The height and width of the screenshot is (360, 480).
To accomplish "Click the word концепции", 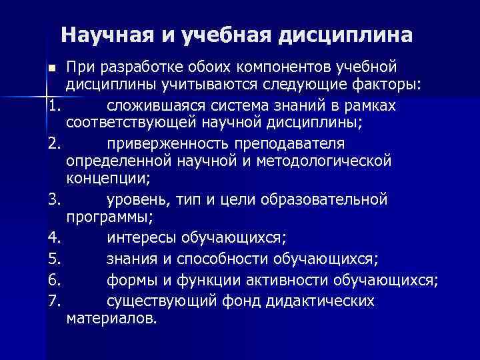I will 109,179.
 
